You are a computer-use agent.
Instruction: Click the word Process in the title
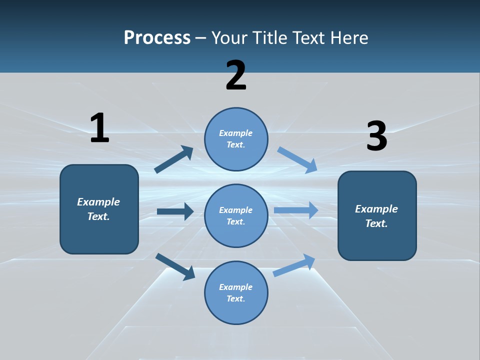click(x=157, y=38)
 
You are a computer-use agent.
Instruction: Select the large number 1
click(x=99, y=128)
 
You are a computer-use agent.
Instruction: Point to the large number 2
click(x=236, y=75)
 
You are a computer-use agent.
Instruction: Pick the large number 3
click(x=376, y=136)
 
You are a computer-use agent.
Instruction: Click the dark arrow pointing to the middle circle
click(x=175, y=211)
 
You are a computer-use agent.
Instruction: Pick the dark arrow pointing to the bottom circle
click(x=175, y=266)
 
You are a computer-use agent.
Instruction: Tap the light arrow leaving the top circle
click(x=297, y=160)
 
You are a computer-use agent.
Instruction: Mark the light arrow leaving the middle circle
click(x=296, y=210)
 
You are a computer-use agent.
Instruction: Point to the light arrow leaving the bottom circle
click(x=294, y=265)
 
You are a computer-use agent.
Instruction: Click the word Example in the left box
click(x=98, y=202)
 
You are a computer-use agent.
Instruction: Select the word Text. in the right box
click(x=376, y=223)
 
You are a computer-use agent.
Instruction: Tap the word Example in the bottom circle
click(x=236, y=287)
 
